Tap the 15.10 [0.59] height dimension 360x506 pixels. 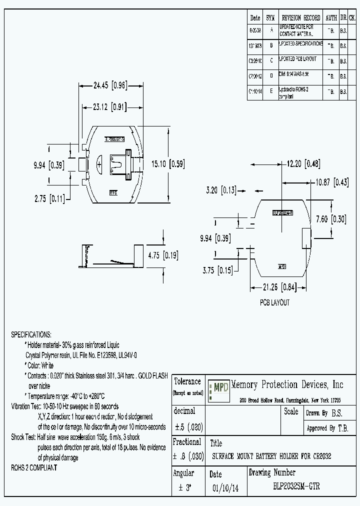point(164,163)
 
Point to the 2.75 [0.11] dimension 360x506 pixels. point(49,198)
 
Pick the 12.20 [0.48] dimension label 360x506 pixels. point(303,163)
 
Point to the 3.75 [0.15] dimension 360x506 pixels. point(217,270)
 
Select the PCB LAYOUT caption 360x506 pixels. point(274,302)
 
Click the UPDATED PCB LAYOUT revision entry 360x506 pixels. point(298,59)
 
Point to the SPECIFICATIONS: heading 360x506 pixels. point(31,334)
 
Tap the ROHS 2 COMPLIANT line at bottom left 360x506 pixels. point(34,467)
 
